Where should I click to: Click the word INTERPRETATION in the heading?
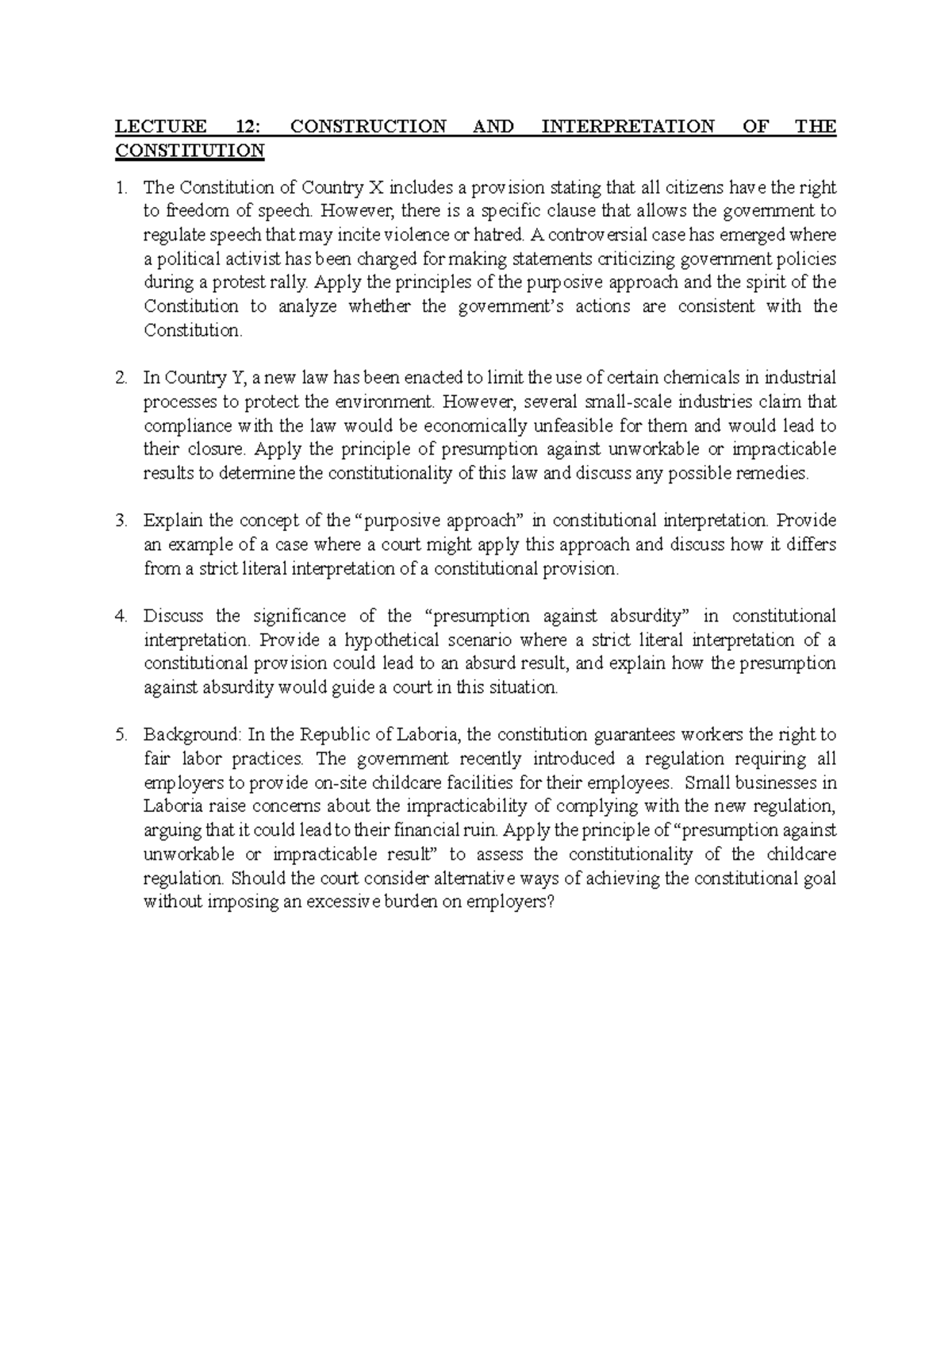[628, 126]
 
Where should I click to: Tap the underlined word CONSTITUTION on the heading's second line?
[190, 150]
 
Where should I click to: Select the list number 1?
[120, 188]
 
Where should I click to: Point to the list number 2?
[120, 378]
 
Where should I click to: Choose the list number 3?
[120, 521]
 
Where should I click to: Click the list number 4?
[120, 616]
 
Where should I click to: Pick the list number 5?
[120, 735]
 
